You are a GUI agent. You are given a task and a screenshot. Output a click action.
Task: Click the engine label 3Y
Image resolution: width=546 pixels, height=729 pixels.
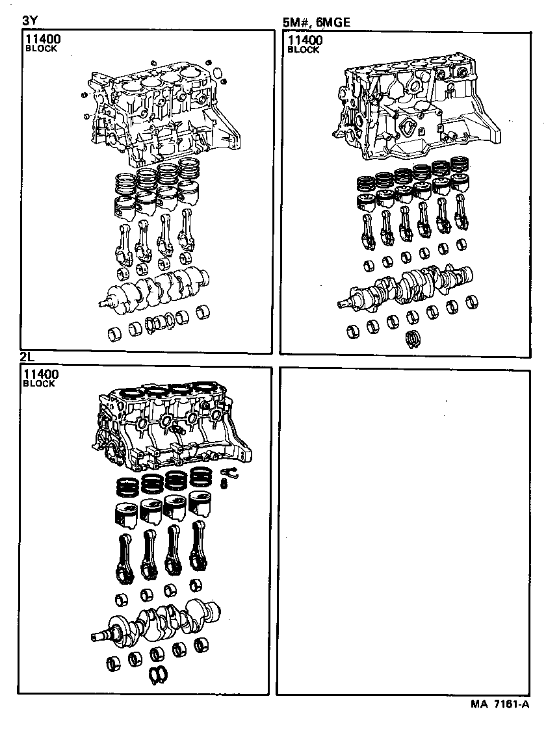30,21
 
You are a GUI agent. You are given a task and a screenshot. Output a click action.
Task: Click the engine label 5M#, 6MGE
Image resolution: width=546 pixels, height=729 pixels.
317,22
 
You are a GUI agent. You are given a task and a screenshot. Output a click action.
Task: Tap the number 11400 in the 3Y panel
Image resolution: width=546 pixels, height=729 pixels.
43,40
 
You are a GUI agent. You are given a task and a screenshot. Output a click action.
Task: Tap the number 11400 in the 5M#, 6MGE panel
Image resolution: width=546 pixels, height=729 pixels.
305,40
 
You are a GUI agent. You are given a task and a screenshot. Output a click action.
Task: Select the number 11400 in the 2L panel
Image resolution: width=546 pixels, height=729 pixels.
40,375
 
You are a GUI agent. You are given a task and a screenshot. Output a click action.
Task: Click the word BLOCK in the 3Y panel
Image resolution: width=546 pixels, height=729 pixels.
40,49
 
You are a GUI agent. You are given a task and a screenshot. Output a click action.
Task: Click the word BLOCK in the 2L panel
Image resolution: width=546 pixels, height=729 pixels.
39,384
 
